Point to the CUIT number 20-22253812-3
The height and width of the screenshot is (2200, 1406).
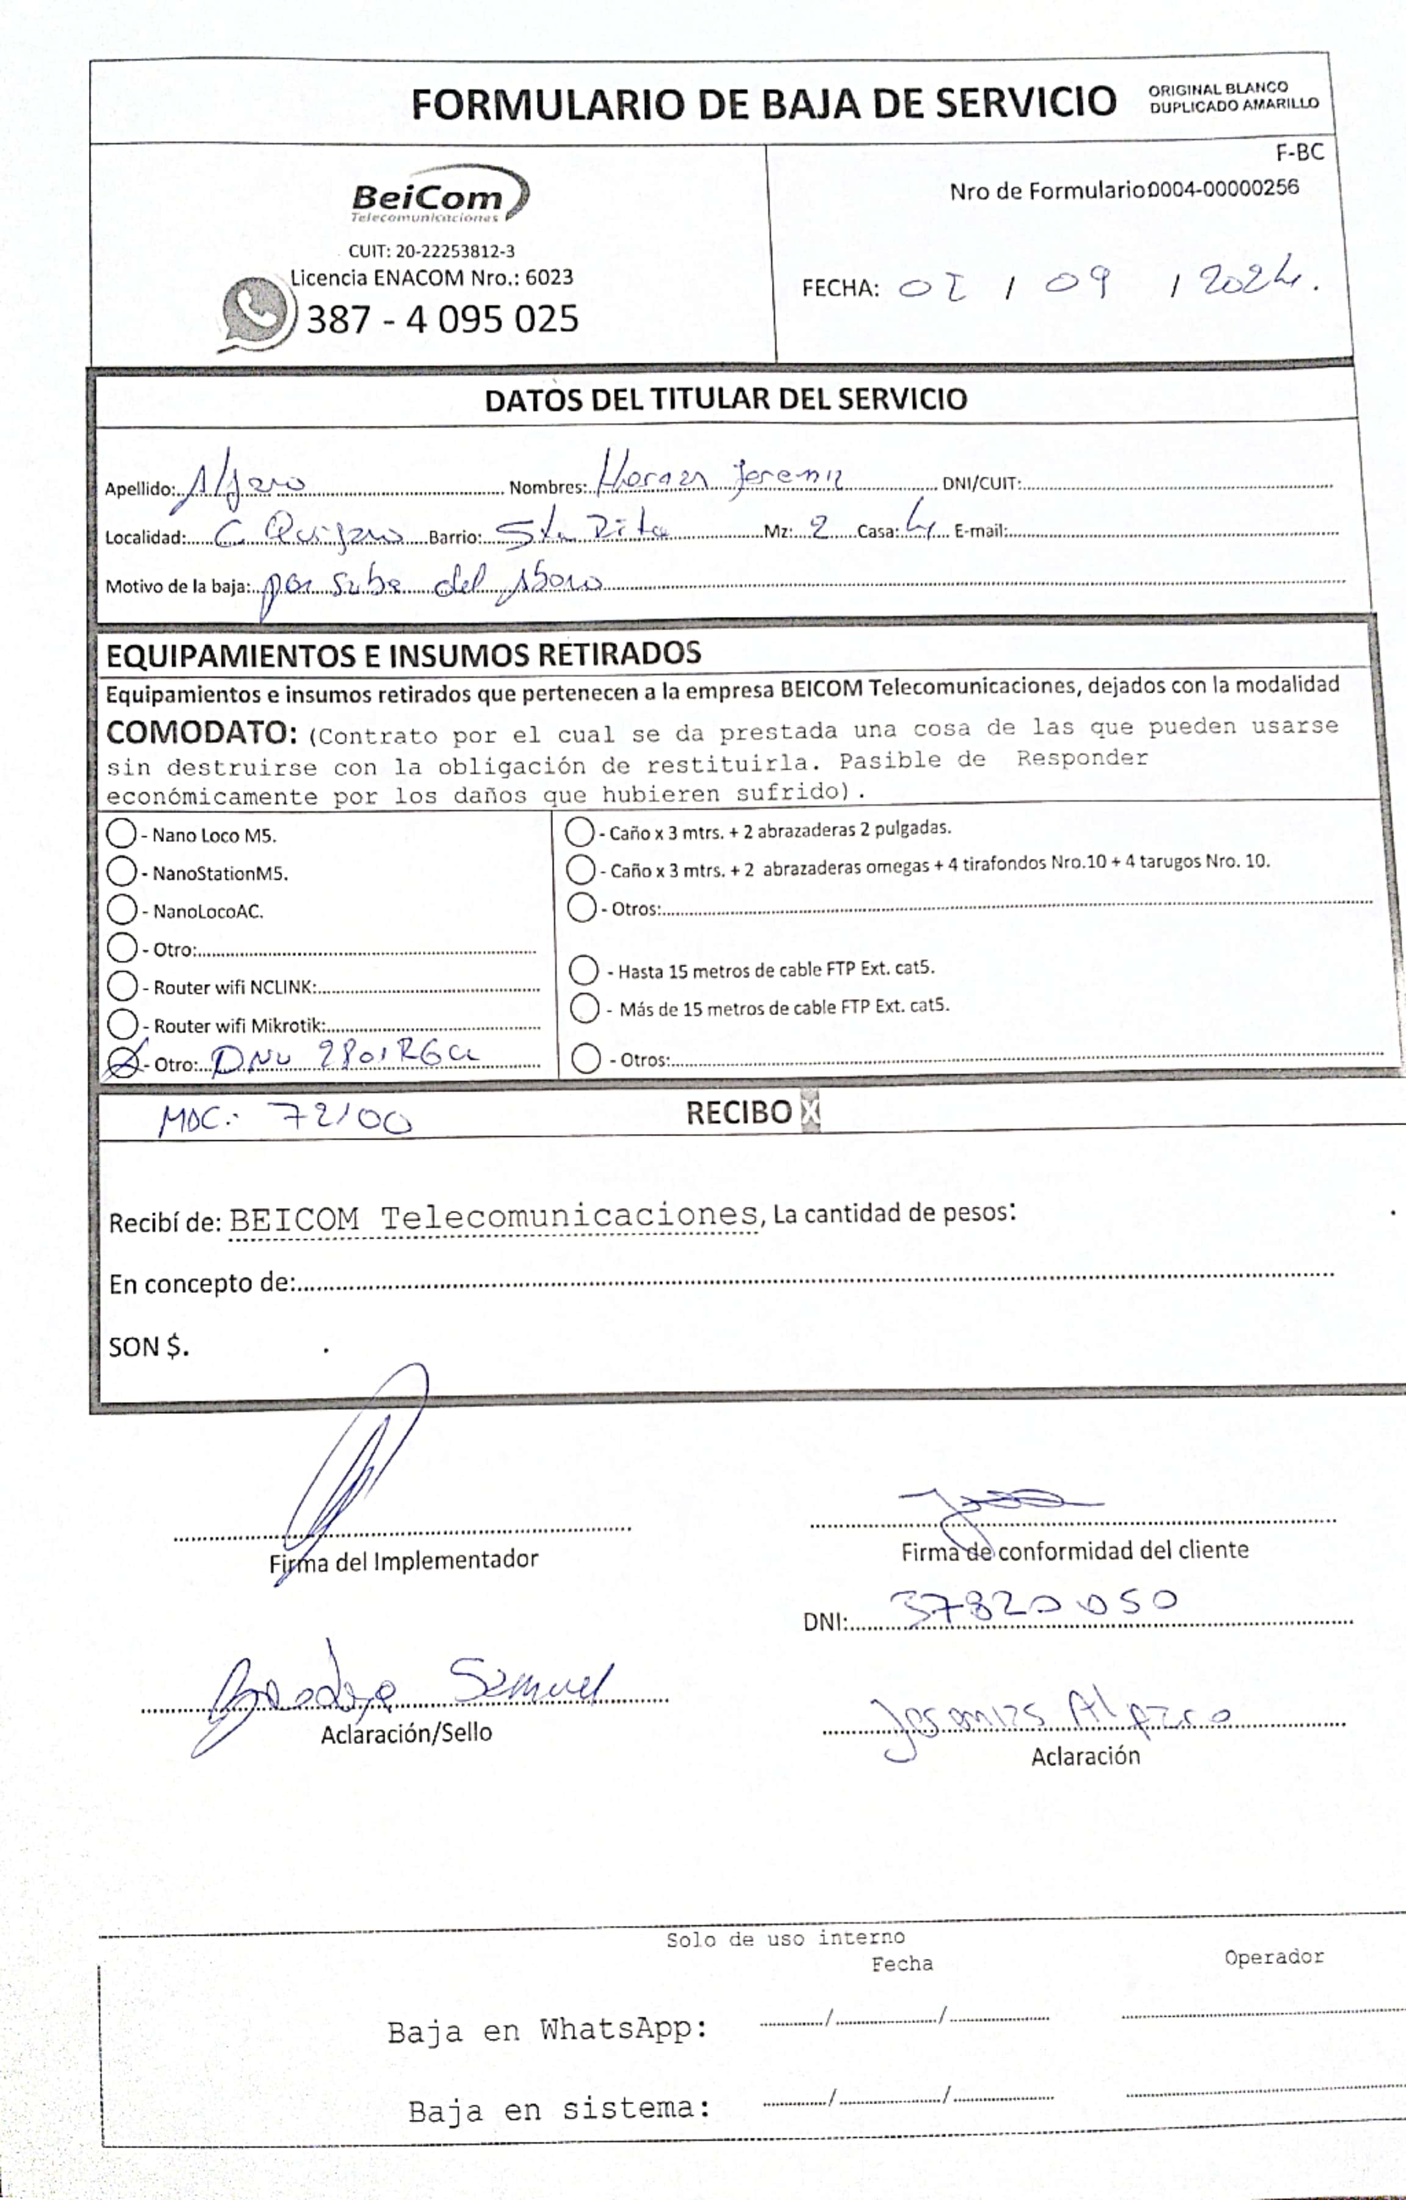tap(431, 251)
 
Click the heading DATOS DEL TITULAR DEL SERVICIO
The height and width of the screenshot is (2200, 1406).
tap(726, 399)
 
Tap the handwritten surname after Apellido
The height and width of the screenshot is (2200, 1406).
tap(239, 482)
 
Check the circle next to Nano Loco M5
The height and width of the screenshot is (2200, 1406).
tap(121, 833)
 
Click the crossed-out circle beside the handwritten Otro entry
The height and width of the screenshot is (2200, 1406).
tap(123, 1061)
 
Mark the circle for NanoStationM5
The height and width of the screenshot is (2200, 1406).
tap(121, 872)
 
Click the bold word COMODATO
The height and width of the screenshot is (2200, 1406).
tap(201, 733)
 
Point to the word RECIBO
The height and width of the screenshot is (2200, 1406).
tap(738, 1112)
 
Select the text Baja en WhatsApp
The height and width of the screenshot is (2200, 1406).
tap(547, 2030)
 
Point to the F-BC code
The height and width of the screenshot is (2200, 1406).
tap(1299, 153)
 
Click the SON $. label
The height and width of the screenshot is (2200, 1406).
tap(149, 1347)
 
